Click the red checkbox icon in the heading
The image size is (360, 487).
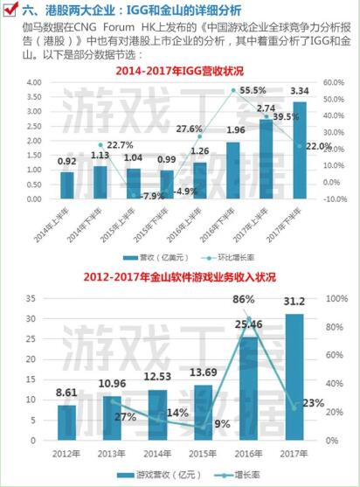11,11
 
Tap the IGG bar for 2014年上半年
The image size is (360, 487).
67,185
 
